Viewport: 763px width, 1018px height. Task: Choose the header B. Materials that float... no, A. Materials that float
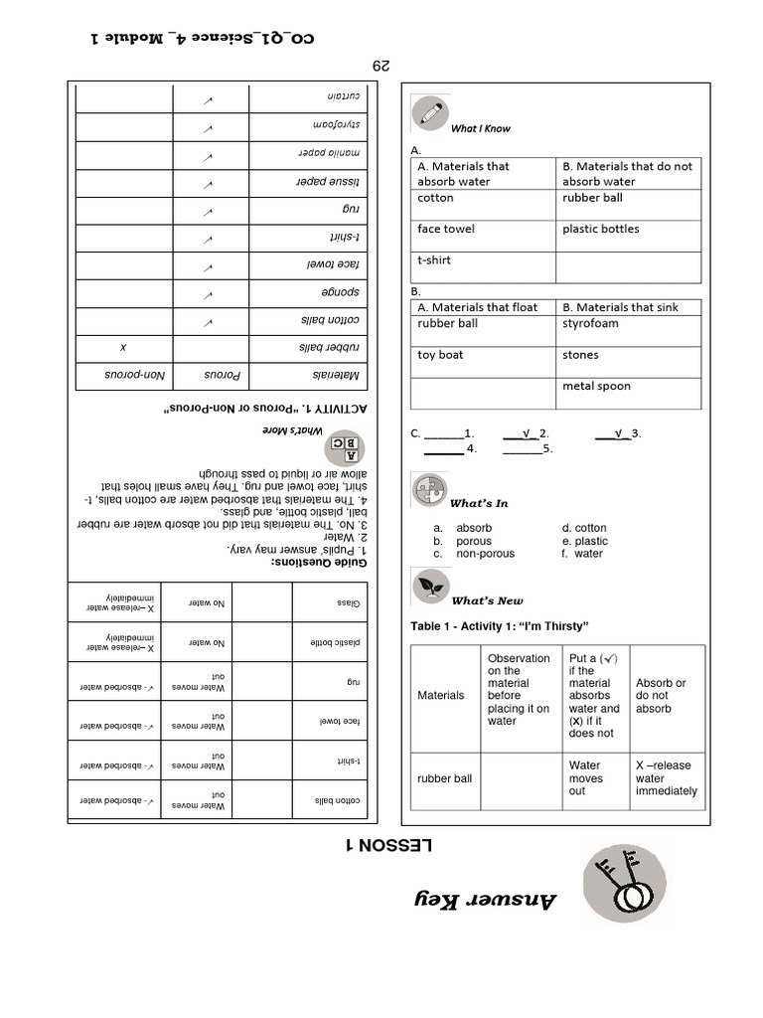point(477,307)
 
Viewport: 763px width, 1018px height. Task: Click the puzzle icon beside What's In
point(430,491)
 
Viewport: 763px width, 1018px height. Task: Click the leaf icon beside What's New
point(430,587)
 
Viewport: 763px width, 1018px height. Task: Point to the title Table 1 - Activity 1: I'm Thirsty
point(500,625)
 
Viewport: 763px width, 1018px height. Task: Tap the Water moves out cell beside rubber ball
point(584,778)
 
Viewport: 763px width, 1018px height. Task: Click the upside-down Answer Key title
point(486,899)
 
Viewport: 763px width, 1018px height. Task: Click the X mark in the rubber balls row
point(123,348)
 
